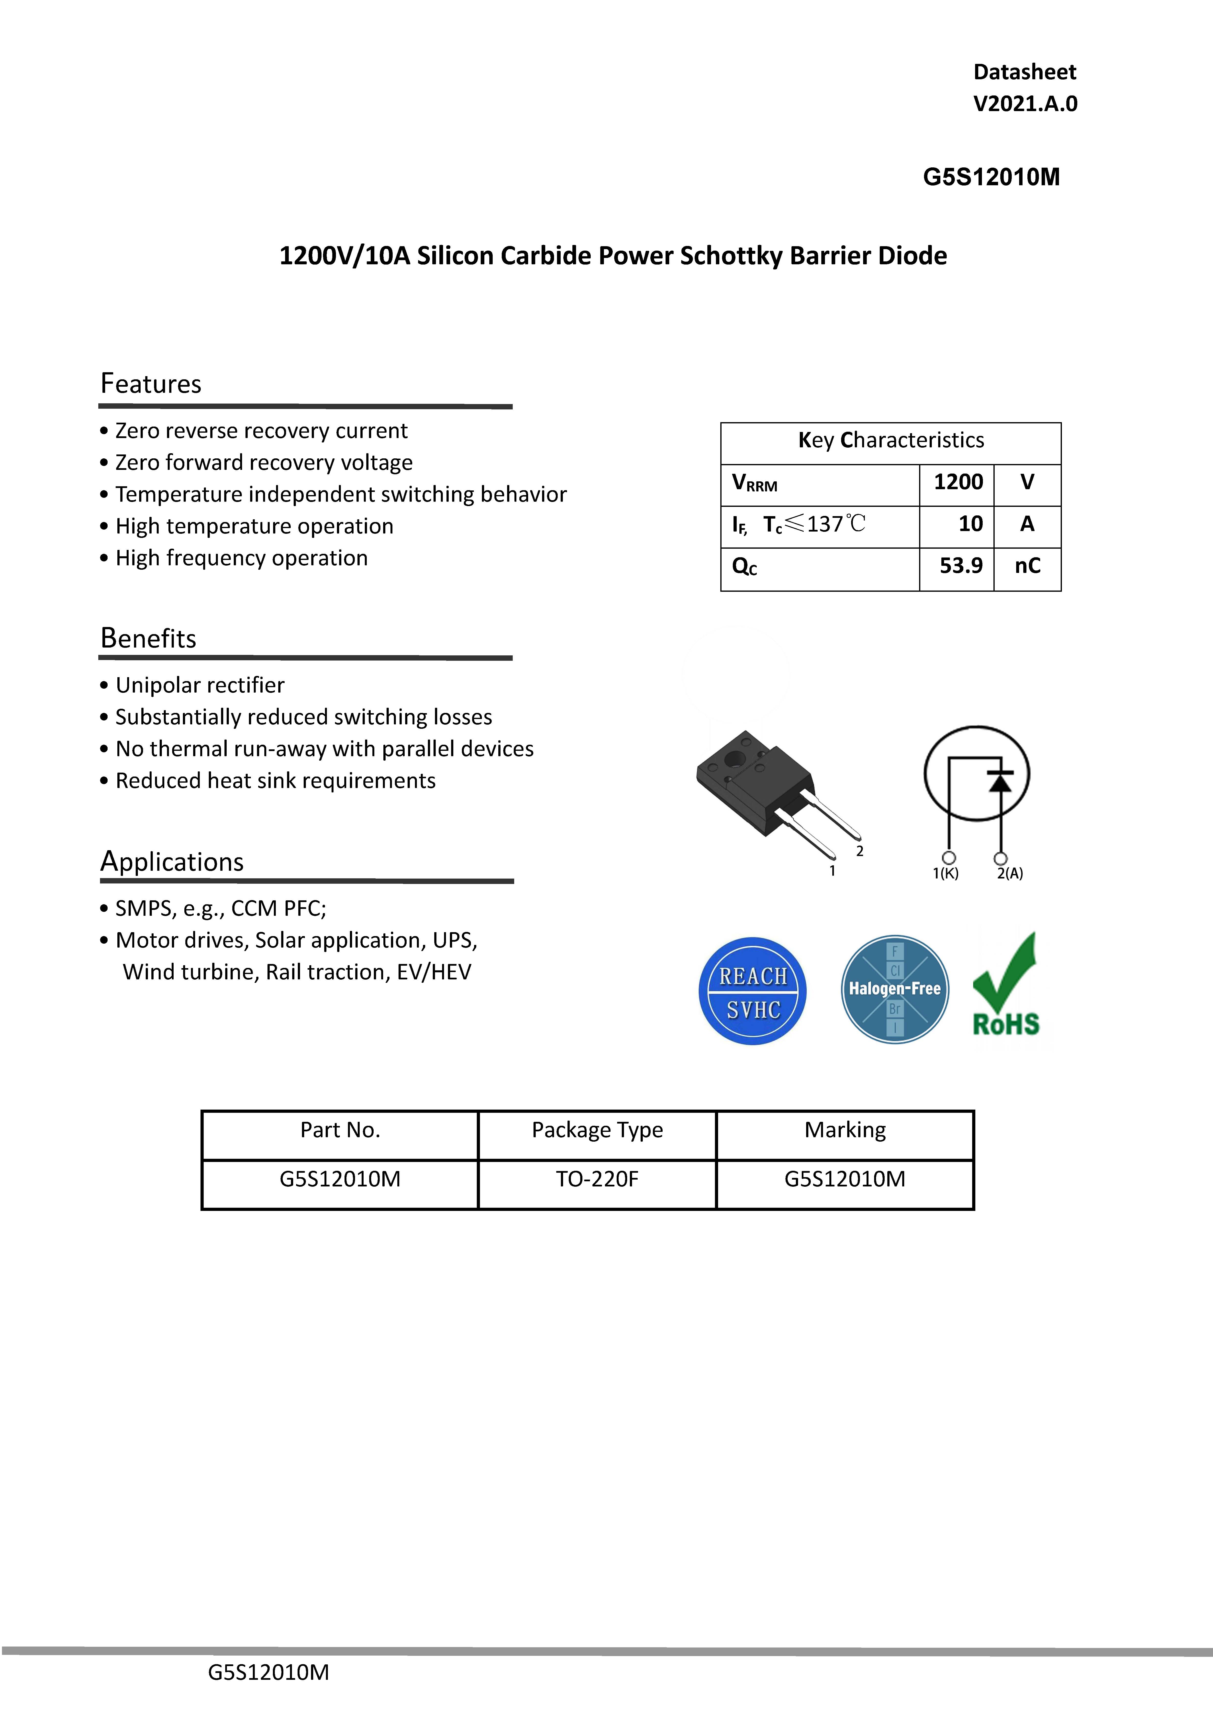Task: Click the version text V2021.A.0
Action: pos(1025,104)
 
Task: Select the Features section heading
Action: pos(151,384)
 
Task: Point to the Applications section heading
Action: pos(172,861)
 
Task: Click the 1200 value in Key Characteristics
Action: pos(958,482)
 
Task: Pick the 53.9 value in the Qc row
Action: pos(960,566)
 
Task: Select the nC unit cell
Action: pos(1027,566)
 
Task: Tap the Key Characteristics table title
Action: pos(891,441)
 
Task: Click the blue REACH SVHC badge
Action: pos(753,991)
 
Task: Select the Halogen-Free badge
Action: pos(895,989)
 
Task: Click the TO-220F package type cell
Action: pos(596,1179)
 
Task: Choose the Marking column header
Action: pos(845,1130)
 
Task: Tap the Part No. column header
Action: pos(340,1130)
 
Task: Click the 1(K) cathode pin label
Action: pos(946,873)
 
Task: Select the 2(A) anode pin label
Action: pos(1010,873)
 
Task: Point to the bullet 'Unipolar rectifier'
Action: pos(200,686)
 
